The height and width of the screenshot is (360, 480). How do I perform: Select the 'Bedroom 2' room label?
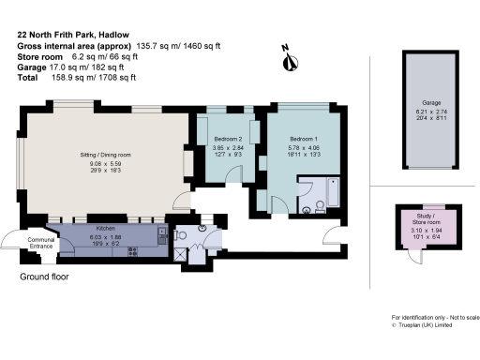pyautogui.click(x=228, y=140)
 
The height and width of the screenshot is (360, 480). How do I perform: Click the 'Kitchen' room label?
pyautogui.click(x=106, y=229)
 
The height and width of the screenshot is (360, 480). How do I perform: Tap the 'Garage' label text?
pyautogui.click(x=431, y=102)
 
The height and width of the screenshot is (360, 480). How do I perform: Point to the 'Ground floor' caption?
pyautogui.click(x=44, y=277)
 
